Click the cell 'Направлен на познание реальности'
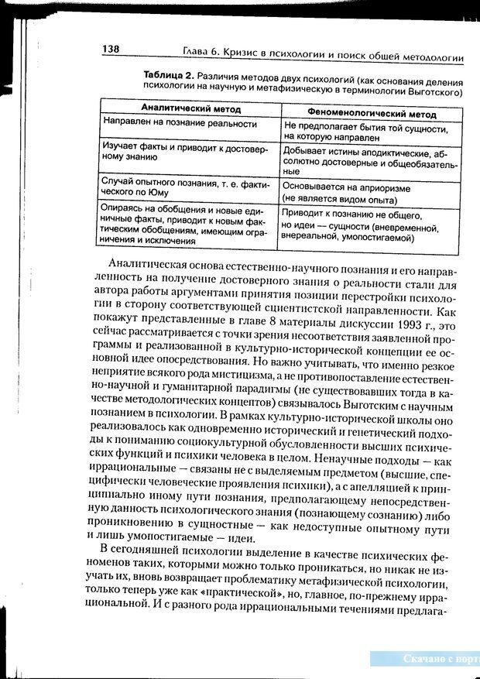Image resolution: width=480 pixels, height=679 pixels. (180, 123)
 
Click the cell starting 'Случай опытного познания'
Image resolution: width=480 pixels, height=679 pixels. (187, 185)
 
